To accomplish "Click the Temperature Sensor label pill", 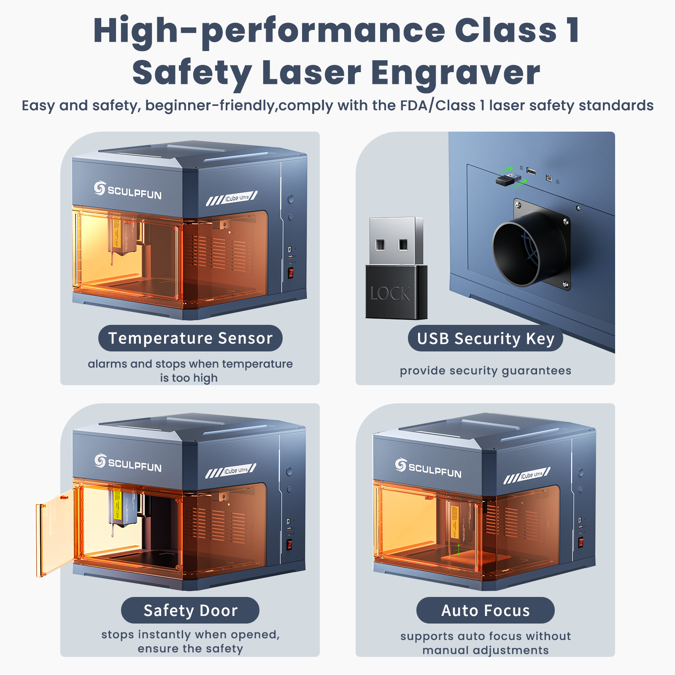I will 190,338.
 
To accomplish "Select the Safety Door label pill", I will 190,610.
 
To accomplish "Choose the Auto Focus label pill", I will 485,610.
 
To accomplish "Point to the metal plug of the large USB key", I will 396,241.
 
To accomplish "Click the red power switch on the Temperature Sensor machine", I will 291,273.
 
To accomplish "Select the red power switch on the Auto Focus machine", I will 581,542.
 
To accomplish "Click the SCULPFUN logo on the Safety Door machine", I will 128,463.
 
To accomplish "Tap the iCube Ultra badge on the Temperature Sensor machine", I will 232,198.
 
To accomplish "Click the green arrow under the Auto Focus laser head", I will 459,549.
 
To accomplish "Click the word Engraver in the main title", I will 455,73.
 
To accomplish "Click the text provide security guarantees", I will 485,371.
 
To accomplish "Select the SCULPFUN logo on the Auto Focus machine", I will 428,468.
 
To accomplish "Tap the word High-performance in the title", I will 268,31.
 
